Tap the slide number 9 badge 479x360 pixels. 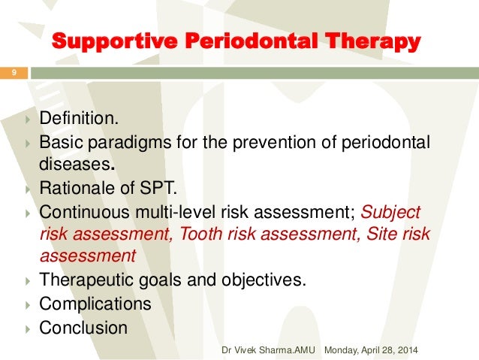coord(13,74)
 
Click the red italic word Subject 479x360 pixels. coord(391,213)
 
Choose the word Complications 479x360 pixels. coord(95,304)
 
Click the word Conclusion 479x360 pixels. coord(83,328)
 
